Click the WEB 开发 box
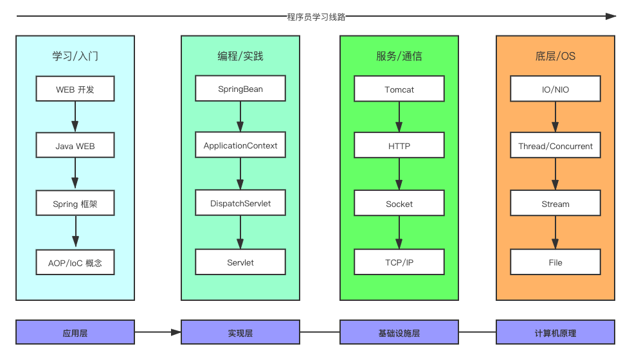coord(75,89)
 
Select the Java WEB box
coord(75,146)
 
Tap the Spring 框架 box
coord(75,204)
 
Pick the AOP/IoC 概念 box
coord(75,262)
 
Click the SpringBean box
coord(240,89)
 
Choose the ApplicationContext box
coord(240,145)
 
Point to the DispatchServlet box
coord(240,203)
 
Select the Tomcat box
coord(399,89)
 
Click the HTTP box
coord(399,146)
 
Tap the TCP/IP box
coord(399,262)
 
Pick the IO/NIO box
coord(555,89)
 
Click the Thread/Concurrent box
coord(555,146)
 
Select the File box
coord(555,262)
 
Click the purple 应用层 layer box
coord(75,332)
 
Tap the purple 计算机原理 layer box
coord(555,332)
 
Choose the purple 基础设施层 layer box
coord(399,332)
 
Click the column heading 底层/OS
coord(555,56)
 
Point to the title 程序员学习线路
coord(316,17)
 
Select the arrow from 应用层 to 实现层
coord(158,332)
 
